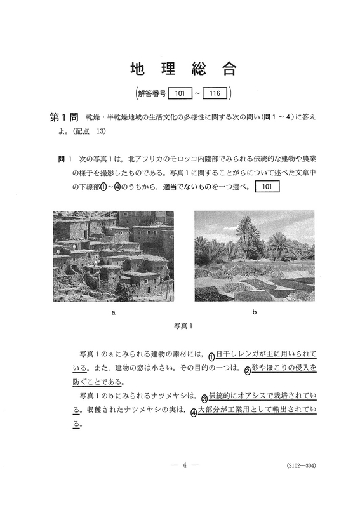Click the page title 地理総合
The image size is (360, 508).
[180, 68]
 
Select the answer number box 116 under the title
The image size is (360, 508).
[214, 94]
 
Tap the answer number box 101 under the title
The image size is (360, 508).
[178, 94]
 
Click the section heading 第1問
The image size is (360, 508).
[63, 118]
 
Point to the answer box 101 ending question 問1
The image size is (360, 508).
[267, 187]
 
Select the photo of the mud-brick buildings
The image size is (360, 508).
[113, 257]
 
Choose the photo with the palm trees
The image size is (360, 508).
[254, 257]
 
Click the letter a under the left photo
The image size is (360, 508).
[113, 313]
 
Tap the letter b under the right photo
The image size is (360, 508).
[254, 313]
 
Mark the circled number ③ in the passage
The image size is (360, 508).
[204, 398]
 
